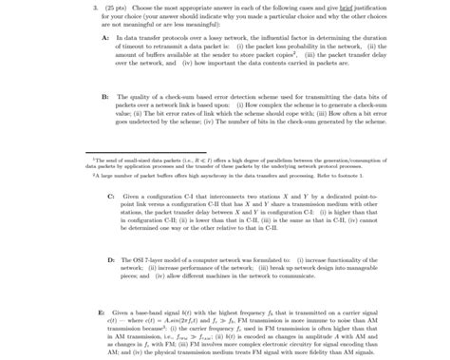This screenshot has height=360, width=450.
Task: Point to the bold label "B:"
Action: click(104, 97)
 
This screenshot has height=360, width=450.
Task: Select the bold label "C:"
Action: click(111, 195)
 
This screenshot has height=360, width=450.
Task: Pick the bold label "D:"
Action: click(111, 258)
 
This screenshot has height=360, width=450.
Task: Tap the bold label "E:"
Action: click(102, 312)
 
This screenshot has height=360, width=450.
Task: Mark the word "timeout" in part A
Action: click(139, 45)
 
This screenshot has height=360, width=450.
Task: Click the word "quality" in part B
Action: click(145, 97)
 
